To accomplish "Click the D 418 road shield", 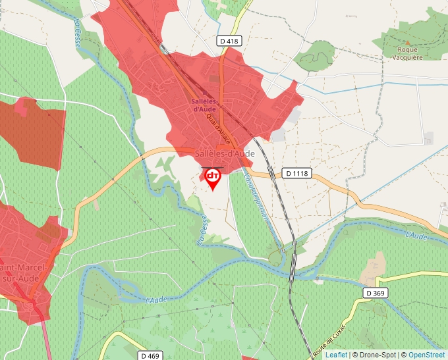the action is [x=230, y=41].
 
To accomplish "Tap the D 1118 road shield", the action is [x=297, y=173].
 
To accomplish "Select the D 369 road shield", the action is [x=375, y=293].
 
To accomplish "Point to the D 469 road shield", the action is [x=150, y=355].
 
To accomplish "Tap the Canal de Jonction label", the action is [x=256, y=197].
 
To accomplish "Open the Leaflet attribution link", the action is [x=336, y=355].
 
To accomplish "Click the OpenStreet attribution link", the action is [x=426, y=355].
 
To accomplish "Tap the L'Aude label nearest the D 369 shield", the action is [x=416, y=236].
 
